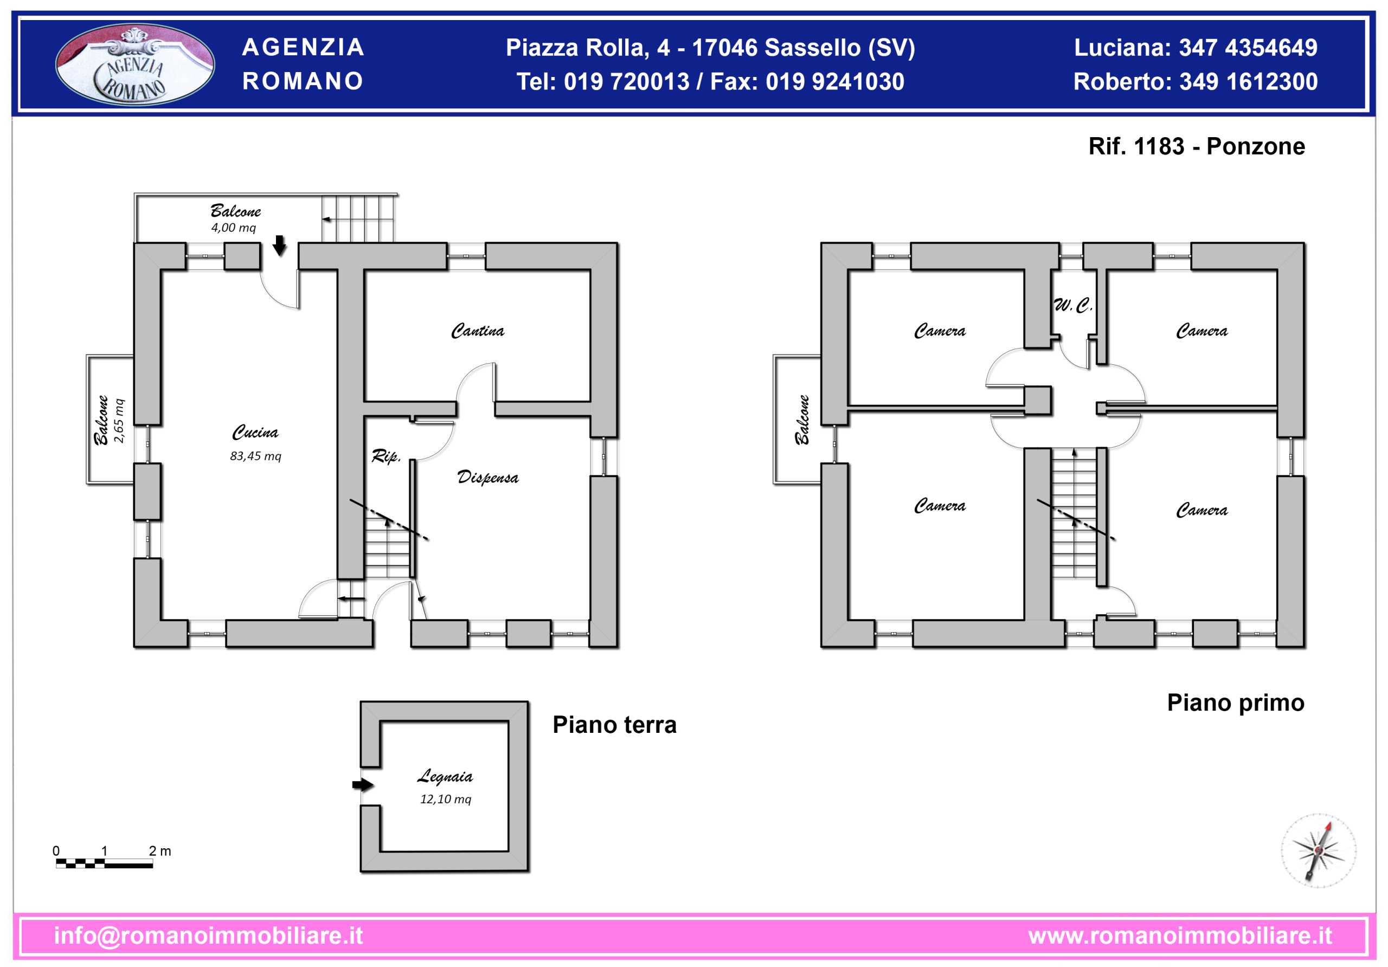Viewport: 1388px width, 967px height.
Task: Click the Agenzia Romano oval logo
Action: [135, 64]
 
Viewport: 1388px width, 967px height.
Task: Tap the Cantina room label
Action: [477, 331]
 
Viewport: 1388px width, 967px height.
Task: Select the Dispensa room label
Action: [487, 477]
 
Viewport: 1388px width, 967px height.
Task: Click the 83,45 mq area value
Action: [255, 456]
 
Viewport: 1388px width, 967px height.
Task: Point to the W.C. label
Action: [1073, 305]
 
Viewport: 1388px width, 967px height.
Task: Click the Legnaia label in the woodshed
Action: [445, 776]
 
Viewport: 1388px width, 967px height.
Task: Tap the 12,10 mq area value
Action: [446, 799]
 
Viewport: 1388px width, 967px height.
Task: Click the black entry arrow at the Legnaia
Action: [363, 784]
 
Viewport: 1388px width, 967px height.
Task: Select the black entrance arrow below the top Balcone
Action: [279, 246]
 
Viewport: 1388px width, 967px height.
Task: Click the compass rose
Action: [1319, 851]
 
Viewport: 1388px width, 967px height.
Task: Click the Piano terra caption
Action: [614, 725]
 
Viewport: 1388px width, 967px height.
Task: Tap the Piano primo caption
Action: [1235, 702]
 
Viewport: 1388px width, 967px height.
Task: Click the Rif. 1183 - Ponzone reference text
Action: [1197, 146]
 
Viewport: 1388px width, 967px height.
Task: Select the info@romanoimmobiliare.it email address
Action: [209, 936]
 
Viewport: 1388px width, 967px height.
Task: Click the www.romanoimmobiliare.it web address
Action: [1180, 936]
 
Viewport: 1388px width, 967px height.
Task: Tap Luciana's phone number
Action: [1248, 48]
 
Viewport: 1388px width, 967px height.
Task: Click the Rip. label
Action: [385, 456]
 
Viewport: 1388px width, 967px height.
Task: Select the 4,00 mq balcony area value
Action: [233, 228]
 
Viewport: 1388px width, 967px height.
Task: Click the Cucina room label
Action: [255, 432]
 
